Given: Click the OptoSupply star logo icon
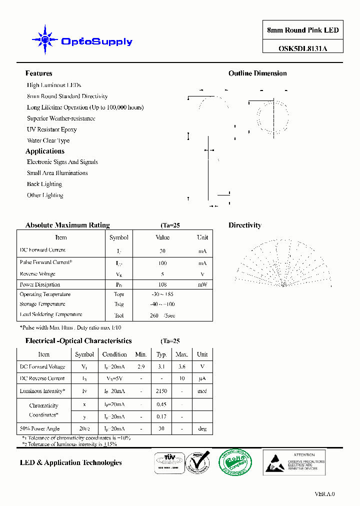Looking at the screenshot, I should (44, 39).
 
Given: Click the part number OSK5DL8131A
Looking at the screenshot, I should (303, 49).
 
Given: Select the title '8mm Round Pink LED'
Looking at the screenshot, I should (303, 30).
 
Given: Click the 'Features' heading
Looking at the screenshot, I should (38, 73).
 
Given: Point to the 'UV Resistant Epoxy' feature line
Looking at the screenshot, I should (52, 129).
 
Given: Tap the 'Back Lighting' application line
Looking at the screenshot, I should (44, 184).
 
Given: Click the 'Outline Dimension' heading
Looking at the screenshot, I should (257, 73).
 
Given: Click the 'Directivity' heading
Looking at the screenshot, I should (245, 225).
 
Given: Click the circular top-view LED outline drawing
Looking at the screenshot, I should (272, 115).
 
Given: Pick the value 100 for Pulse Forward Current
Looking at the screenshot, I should (162, 263).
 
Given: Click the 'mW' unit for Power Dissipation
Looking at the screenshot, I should (202, 284).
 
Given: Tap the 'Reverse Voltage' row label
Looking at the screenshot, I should (37, 274).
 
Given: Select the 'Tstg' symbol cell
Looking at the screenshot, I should (118, 304).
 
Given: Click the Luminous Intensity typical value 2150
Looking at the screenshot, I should (161, 391).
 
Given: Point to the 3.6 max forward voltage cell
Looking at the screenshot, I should (181, 367).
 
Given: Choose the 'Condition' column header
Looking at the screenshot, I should (114, 354).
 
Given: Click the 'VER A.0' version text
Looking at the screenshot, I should (324, 494).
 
